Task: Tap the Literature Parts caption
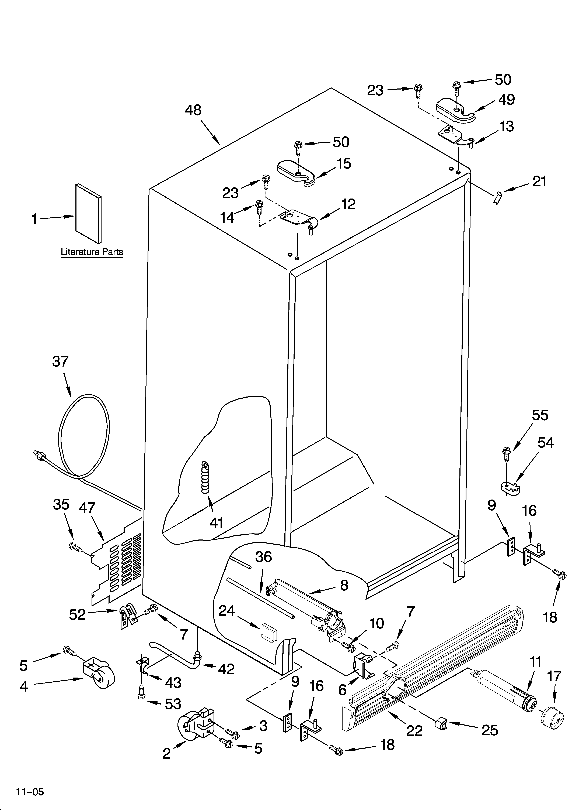(92, 252)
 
